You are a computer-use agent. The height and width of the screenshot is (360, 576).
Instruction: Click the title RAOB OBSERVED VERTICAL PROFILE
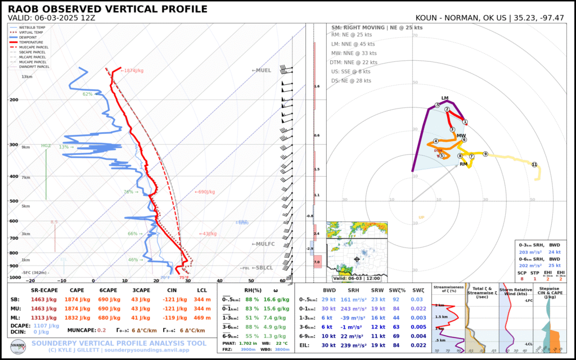tap(107, 9)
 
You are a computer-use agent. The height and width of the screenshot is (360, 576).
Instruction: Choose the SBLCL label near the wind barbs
tap(263, 268)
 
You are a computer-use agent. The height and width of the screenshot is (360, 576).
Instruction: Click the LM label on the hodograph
tap(445, 98)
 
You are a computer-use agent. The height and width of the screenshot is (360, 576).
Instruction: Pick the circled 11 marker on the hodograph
tap(534, 164)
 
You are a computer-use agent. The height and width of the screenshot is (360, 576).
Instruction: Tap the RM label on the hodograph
tap(463, 164)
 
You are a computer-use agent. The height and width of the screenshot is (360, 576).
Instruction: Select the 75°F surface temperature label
tap(183, 277)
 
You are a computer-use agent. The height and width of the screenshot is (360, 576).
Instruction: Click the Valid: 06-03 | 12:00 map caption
tap(357, 278)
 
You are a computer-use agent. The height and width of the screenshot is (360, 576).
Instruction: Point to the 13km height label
tap(28, 76)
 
